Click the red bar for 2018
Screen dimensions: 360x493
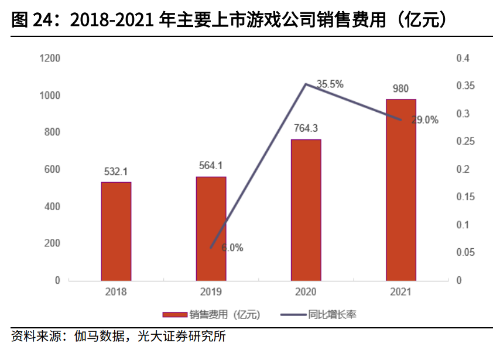tap(116, 231)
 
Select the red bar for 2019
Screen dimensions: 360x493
tap(211, 228)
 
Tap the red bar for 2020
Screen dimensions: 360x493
tap(306, 210)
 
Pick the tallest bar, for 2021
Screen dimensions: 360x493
tap(400, 190)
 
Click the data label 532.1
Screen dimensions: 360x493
tap(116, 172)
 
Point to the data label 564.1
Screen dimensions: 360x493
tap(211, 166)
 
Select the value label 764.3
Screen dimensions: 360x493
tap(306, 129)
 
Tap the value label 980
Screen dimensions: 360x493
tap(400, 89)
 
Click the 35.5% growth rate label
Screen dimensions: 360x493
tap(330, 84)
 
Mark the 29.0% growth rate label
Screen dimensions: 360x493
tap(424, 120)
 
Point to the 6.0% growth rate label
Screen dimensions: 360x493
tap(232, 248)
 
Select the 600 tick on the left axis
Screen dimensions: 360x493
tap(53, 170)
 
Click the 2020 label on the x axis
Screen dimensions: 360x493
tap(306, 292)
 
